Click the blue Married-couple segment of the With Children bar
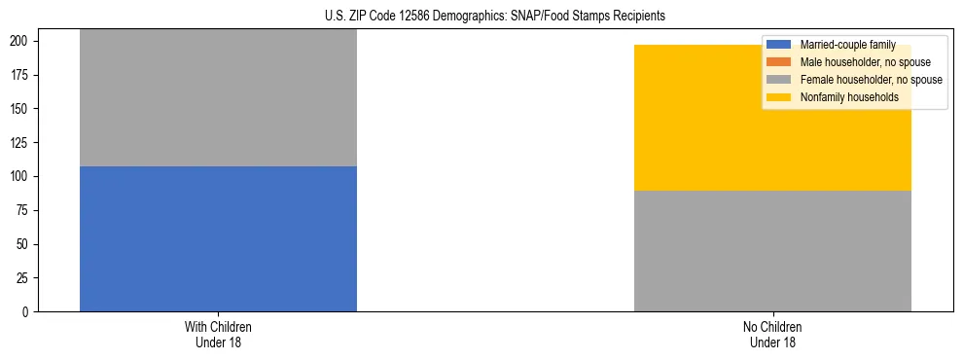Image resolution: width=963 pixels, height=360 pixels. point(218,238)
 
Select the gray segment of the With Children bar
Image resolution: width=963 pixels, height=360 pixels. point(218,97)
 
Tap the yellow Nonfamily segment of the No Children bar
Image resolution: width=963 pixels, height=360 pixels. point(772,118)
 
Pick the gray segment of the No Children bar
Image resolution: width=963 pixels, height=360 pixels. point(772,251)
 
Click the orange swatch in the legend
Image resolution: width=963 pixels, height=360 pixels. point(779,62)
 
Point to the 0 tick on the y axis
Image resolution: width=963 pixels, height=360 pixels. point(30,312)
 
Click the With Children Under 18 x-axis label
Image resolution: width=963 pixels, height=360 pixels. point(218,334)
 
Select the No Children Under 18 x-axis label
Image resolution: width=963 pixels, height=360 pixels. point(772,334)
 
